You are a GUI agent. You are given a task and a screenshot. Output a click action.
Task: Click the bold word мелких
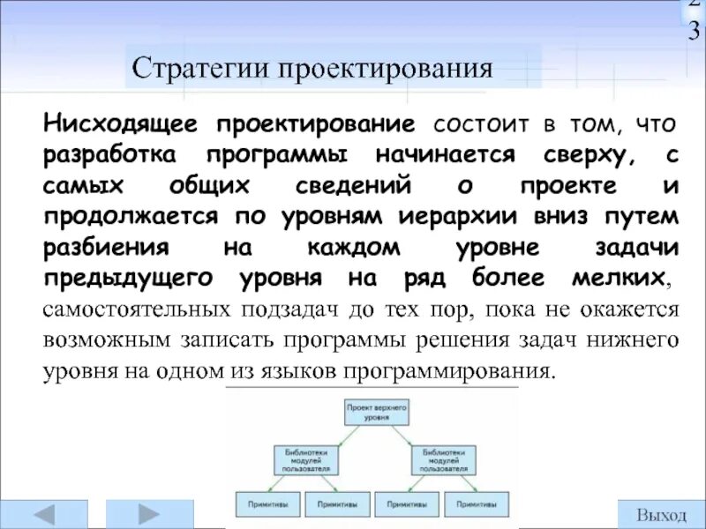[x=623, y=278]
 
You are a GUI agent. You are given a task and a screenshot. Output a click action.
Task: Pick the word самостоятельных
[x=123, y=309]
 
